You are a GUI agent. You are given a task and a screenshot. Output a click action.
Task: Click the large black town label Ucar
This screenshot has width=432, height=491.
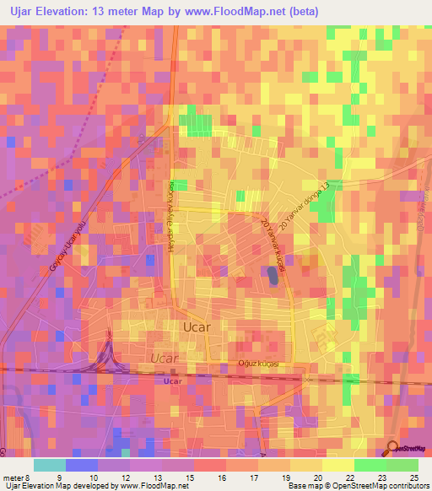[197, 326]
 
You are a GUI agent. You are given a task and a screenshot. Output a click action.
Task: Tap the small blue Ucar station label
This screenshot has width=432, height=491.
[173, 381]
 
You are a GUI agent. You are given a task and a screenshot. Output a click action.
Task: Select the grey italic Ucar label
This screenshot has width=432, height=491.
[165, 359]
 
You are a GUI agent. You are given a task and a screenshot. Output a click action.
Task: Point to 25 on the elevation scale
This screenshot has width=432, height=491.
[413, 477]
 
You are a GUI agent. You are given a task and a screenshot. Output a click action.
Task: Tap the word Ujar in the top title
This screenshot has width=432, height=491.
[19, 10]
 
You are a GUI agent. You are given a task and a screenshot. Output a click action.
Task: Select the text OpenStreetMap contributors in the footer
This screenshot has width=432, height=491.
[379, 486]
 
